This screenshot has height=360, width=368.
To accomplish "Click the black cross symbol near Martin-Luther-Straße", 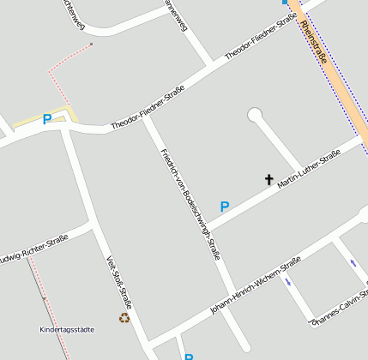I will tap(268, 180).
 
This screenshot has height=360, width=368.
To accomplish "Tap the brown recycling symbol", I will tap(124, 317).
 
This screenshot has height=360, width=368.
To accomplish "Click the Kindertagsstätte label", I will tap(67, 329).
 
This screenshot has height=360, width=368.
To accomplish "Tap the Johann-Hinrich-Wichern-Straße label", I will tap(255, 285).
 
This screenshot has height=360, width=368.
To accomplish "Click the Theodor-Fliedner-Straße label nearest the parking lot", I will tap(148, 113).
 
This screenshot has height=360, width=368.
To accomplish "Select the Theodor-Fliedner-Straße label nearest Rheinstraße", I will tap(261, 37).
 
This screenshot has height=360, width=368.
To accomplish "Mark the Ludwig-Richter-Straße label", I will tap(32, 249).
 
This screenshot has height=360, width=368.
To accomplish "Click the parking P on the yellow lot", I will tap(47, 120).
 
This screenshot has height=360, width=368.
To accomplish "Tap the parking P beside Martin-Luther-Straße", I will tap(225, 207).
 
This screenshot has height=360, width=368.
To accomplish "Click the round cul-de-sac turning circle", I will tap(254, 114).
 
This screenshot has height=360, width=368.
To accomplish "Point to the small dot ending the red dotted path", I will tap(91, 45).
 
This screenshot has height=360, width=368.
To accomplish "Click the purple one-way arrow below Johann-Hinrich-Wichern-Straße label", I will tap(289, 280).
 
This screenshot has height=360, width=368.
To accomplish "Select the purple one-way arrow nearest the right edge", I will tap(353, 263).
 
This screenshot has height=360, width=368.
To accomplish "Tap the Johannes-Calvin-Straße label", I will tap(341, 311).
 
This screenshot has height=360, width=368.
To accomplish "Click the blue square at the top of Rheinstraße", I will tap(285, 3).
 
